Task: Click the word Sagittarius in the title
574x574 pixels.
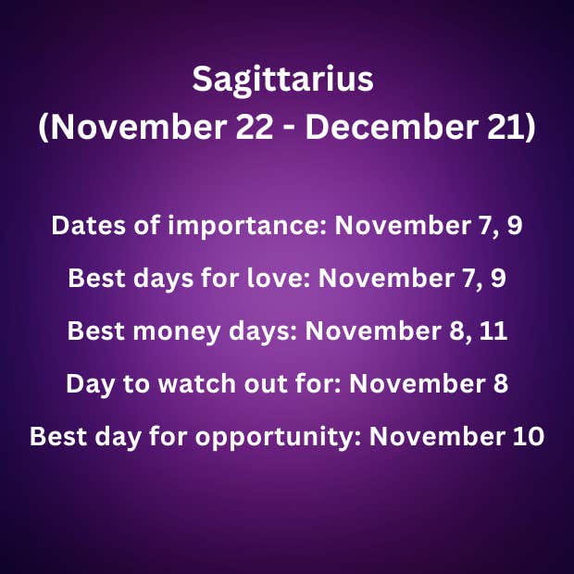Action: [282, 80]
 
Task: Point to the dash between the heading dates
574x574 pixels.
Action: [289, 130]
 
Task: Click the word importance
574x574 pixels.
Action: [247, 226]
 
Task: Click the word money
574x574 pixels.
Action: [177, 331]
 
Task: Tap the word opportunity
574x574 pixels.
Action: [279, 438]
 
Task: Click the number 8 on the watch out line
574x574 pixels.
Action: [501, 383]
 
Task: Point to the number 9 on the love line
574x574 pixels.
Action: [498, 279]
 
